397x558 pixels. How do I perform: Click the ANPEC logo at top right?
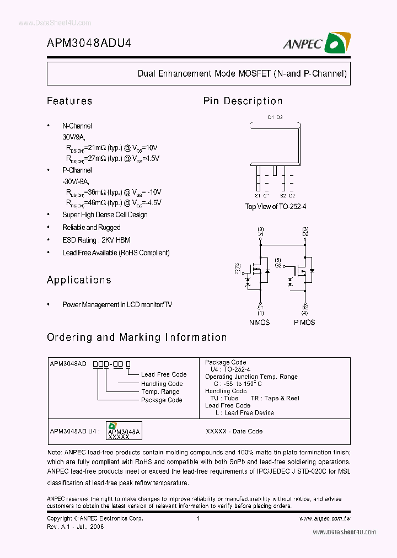pyautogui.click(x=317, y=43)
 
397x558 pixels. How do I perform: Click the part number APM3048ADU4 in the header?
pyautogui.click(x=89, y=44)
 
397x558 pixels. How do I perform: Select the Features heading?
pyautogui.click(x=69, y=101)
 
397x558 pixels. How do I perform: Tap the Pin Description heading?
pyautogui.click(x=243, y=101)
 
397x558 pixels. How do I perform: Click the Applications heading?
pyautogui.click(x=79, y=280)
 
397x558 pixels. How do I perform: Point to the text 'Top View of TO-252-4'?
pyautogui.click(x=275, y=206)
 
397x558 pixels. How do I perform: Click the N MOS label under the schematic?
pyautogui.click(x=260, y=322)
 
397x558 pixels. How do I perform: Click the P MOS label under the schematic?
pyautogui.click(x=304, y=322)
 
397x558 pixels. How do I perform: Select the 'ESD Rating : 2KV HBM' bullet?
pyautogui.click(x=96, y=240)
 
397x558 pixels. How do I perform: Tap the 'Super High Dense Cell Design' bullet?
pyautogui.click(x=104, y=215)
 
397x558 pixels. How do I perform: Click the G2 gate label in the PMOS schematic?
pyautogui.click(x=279, y=265)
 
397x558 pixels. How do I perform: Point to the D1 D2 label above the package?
pyautogui.click(x=275, y=117)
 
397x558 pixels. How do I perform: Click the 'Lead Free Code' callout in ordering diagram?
pyautogui.click(x=164, y=374)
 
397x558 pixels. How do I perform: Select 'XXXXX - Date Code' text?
pyautogui.click(x=234, y=431)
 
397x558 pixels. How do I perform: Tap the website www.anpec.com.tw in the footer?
pyautogui.click(x=325, y=519)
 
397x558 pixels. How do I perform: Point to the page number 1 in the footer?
pyautogui.click(x=198, y=519)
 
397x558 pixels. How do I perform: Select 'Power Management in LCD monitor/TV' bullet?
pyautogui.click(x=117, y=304)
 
